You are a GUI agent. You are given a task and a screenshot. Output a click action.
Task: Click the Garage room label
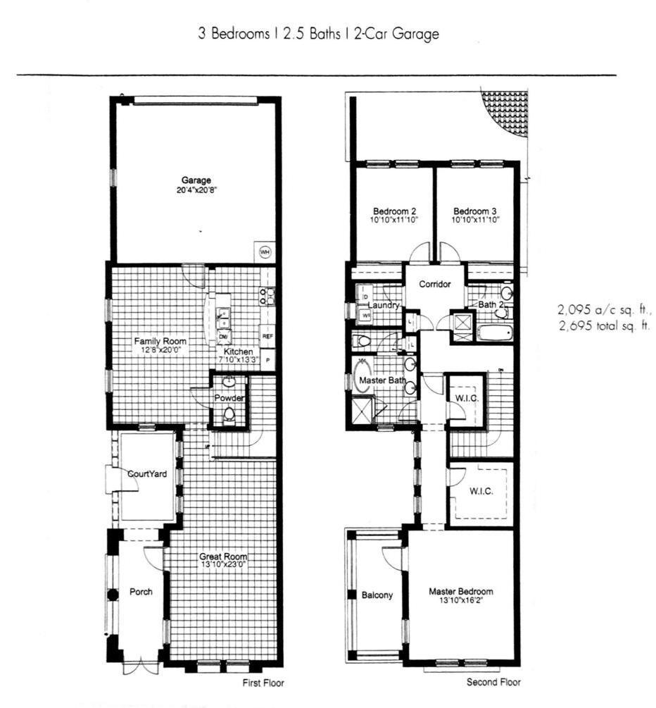pyautogui.click(x=196, y=181)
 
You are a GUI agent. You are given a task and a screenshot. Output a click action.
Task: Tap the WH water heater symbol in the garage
pyautogui.click(x=265, y=251)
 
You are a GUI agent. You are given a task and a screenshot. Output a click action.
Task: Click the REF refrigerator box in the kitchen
pyautogui.click(x=267, y=336)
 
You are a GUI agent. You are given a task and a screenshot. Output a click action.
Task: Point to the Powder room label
pyautogui.click(x=229, y=399)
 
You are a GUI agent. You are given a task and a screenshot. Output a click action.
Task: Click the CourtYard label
pyautogui.click(x=147, y=474)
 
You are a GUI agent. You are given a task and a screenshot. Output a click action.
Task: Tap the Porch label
pyautogui.click(x=141, y=592)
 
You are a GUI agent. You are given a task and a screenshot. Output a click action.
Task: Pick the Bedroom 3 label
pyautogui.click(x=475, y=211)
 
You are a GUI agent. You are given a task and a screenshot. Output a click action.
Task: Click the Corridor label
pyautogui.click(x=434, y=285)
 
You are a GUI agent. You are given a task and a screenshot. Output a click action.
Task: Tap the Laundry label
pyautogui.click(x=384, y=306)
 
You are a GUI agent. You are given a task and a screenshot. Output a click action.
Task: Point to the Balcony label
pyautogui.click(x=377, y=595)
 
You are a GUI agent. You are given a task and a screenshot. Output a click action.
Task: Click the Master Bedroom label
pyautogui.click(x=461, y=591)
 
